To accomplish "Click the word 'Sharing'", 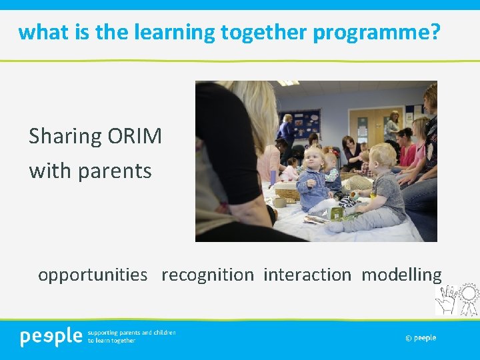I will click(65, 137).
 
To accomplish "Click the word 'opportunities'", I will click(93, 275).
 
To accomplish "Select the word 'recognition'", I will click(207, 275).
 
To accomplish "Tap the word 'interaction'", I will click(307, 275).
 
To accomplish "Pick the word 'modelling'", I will click(401, 275).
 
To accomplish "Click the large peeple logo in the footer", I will click(51, 337).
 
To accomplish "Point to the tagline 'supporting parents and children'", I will click(132, 332).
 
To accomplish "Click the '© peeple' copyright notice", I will click(421, 338).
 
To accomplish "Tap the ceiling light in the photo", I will click(288, 83).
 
